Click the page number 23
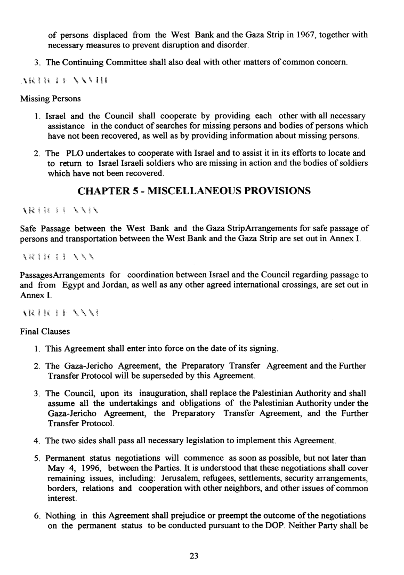pyautogui.click(x=194, y=556)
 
